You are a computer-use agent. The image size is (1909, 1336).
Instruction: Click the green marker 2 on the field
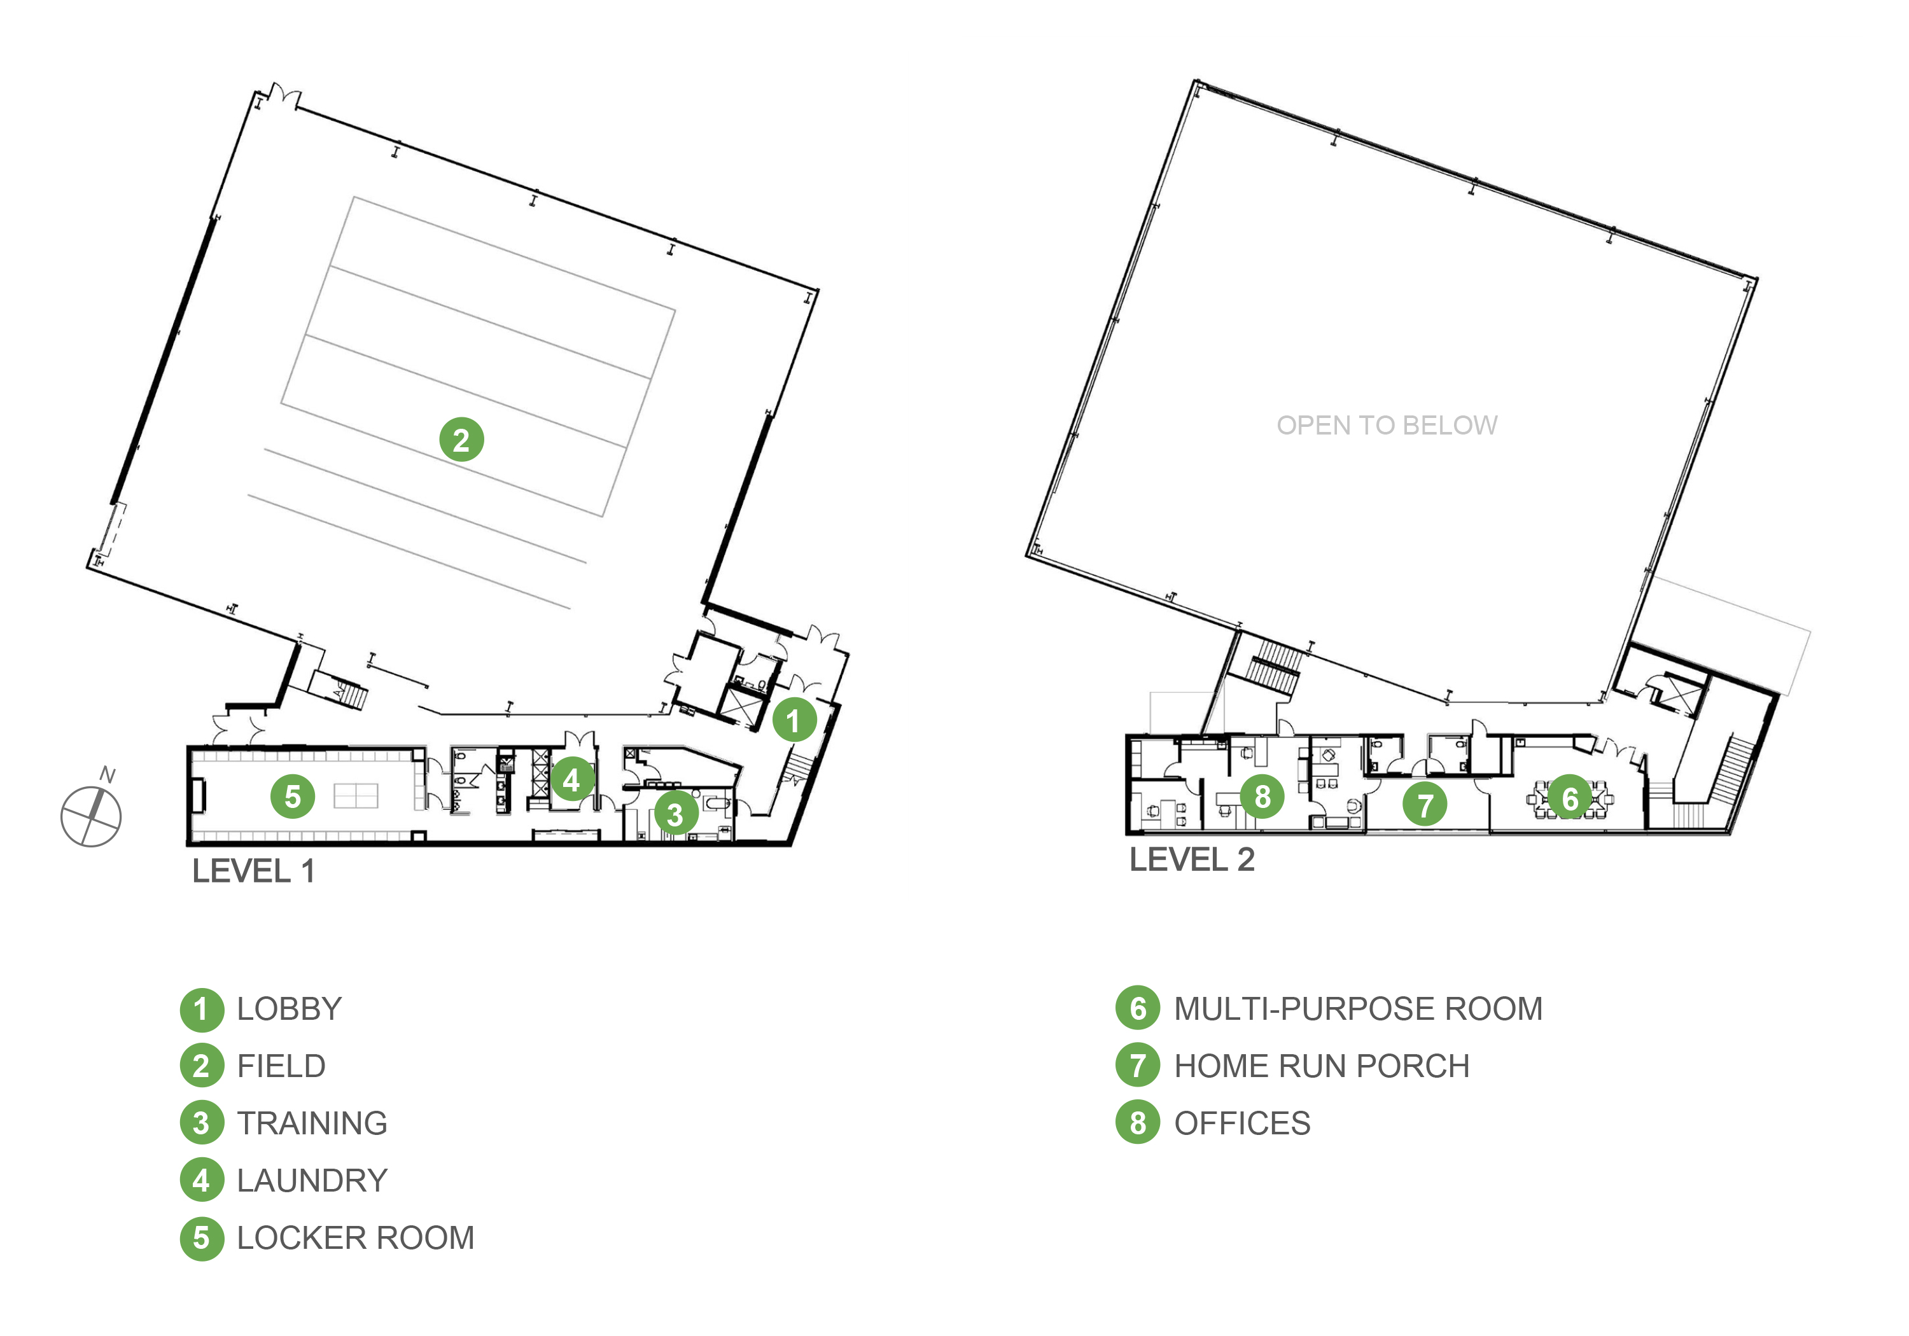[461, 440]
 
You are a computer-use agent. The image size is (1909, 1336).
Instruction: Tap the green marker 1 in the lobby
[794, 720]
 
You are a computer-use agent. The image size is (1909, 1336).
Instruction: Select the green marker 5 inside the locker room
[293, 797]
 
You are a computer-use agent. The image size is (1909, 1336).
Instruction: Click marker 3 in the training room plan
[675, 814]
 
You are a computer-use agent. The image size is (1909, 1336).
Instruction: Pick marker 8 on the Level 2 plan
[1262, 797]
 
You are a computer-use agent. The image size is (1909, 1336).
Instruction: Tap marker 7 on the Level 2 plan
[1425, 805]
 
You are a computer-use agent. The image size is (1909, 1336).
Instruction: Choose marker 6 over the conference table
[1570, 798]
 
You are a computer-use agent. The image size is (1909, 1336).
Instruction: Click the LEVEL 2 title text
[1191, 859]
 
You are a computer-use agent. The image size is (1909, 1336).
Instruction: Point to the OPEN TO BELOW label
[1387, 426]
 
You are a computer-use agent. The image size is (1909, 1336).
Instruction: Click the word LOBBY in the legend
[290, 1009]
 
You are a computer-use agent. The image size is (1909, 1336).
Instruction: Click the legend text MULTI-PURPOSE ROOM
[1359, 1009]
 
